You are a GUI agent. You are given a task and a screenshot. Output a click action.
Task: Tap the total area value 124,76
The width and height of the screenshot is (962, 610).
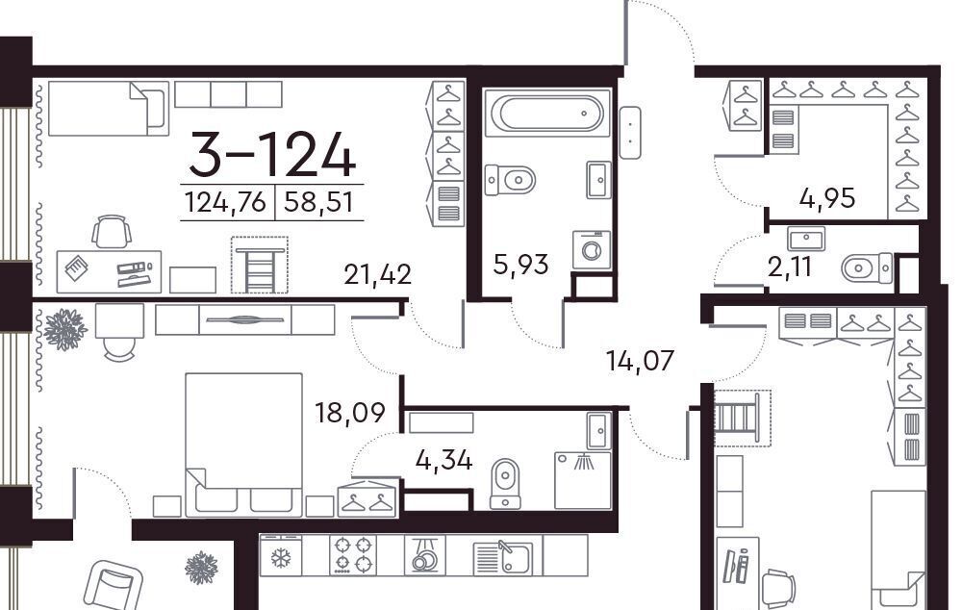[x=226, y=202]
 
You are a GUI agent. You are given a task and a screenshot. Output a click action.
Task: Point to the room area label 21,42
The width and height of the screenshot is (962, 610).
[x=377, y=274]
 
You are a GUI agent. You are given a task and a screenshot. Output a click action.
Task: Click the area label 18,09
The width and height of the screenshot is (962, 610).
[x=350, y=413]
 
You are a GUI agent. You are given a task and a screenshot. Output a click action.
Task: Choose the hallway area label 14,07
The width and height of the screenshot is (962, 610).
[x=640, y=360]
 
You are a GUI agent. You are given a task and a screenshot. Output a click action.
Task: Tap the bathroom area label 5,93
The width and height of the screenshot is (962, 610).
[x=520, y=266]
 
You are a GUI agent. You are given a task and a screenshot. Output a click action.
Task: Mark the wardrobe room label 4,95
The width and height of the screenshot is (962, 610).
[x=827, y=198]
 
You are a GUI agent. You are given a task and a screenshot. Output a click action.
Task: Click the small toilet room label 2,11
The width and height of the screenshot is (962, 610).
[x=790, y=267]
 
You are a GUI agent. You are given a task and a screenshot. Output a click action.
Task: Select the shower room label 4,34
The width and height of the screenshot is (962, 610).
[x=443, y=460]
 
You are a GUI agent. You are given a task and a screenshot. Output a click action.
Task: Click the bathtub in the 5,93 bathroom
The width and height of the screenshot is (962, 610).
[x=548, y=113]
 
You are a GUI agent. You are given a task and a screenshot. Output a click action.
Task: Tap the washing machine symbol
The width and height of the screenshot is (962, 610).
[x=592, y=250]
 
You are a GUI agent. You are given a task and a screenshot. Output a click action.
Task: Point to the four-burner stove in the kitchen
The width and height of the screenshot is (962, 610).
[x=353, y=555]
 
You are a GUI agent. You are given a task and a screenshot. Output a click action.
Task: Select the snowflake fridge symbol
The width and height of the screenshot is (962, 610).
[x=281, y=556]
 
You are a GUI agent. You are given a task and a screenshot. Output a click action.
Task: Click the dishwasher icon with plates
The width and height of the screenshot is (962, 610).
[x=424, y=555]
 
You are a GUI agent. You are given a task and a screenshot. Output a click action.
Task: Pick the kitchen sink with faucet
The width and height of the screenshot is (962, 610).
[x=503, y=557]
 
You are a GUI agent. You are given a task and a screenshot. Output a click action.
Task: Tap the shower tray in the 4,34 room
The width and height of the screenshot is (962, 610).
[x=583, y=480]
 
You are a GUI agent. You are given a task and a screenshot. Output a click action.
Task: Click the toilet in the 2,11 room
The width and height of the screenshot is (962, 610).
[x=867, y=268]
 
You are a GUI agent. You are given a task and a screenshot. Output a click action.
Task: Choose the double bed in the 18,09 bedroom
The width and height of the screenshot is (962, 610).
[x=243, y=445]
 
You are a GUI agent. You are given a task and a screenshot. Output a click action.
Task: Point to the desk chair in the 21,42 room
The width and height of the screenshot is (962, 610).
[x=112, y=231]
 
